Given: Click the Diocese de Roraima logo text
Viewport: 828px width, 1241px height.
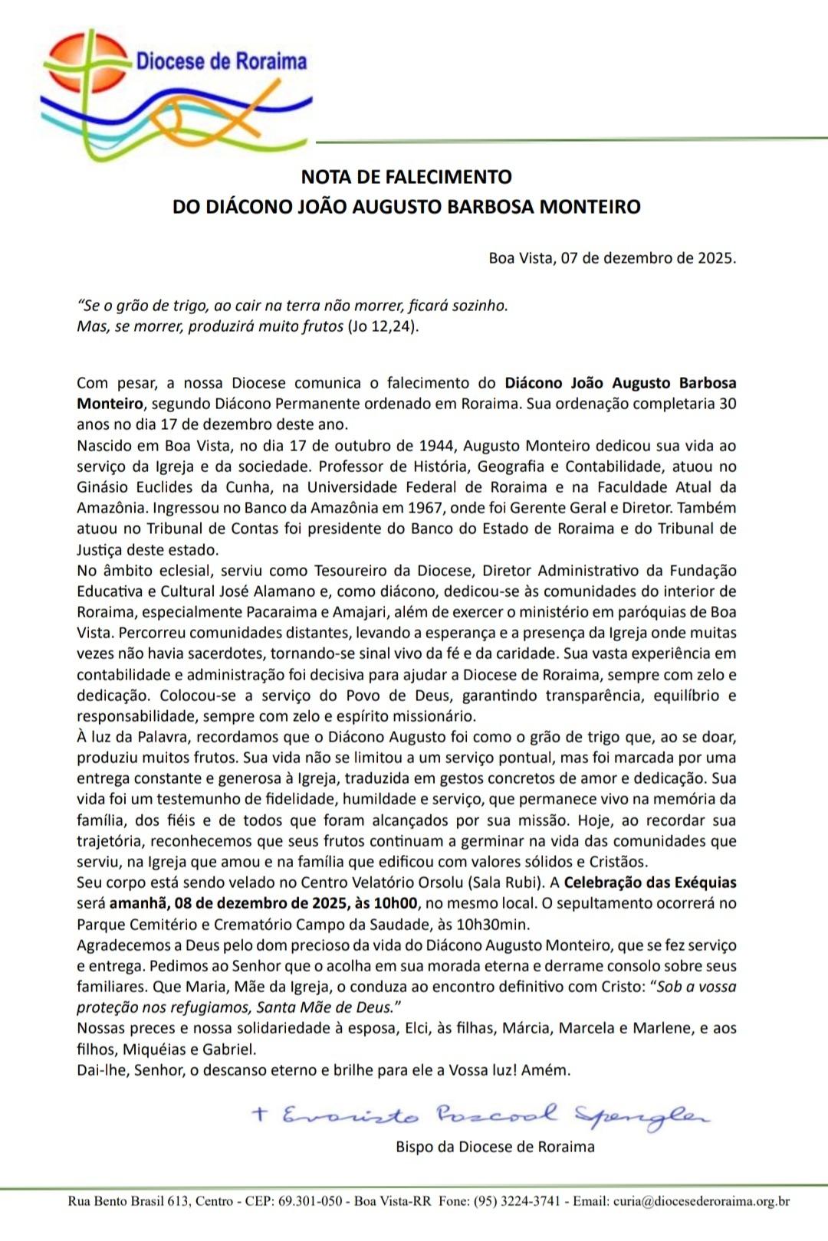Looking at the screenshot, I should click(221, 61).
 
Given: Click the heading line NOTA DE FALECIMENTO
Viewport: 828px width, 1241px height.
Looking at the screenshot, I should click(406, 177).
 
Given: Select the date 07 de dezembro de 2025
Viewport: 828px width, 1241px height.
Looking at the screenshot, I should click(648, 258).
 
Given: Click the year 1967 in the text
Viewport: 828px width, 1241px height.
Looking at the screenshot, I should click(429, 507).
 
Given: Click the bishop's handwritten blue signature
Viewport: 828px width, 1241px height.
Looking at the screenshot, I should click(479, 1115).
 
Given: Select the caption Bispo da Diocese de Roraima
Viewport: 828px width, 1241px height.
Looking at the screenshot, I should click(495, 1147).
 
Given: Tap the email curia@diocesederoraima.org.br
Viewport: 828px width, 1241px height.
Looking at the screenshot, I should click(701, 1201).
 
